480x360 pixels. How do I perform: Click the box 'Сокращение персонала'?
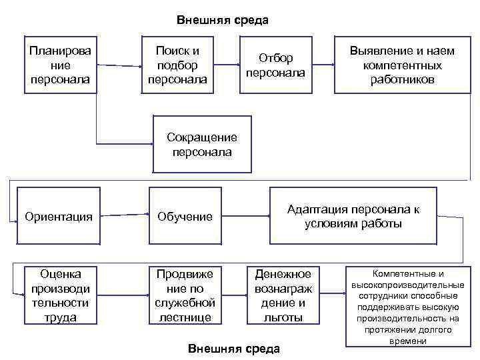point(202,145)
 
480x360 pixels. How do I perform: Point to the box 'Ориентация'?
point(59,216)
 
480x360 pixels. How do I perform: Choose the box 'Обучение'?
point(185,217)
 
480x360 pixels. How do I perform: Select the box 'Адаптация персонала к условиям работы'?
point(353,216)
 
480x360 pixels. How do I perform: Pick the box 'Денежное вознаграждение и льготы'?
point(284,295)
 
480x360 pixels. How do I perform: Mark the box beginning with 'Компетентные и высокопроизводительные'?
point(407,307)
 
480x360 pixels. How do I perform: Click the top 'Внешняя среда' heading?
point(223,20)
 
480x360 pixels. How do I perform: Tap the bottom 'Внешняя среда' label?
point(234,349)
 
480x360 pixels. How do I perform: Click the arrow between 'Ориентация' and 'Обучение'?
point(120,215)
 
